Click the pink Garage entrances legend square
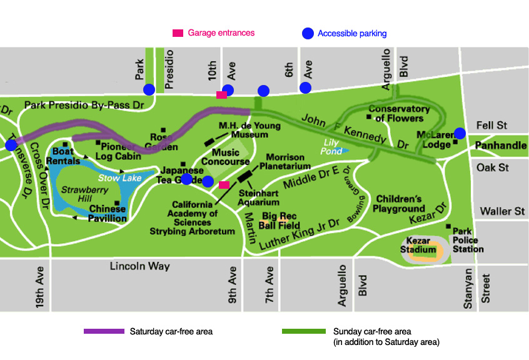pyautogui.click(x=178, y=33)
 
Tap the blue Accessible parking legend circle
pyautogui.click(x=306, y=34)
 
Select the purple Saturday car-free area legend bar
pyautogui.click(x=104, y=331)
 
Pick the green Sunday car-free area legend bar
pyautogui.click(x=304, y=331)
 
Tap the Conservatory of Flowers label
pyautogui.click(x=398, y=113)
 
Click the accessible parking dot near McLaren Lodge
pyautogui.click(x=460, y=132)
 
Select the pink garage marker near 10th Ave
pyautogui.click(x=221, y=95)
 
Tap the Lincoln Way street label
pyautogui.click(x=140, y=266)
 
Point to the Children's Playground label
pyautogui.click(x=401, y=204)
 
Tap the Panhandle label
pyautogui.click(x=500, y=146)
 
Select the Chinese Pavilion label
pyautogui.click(x=108, y=213)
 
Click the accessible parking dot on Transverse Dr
pyautogui.click(x=11, y=145)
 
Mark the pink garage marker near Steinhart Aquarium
pyautogui.click(x=224, y=184)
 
